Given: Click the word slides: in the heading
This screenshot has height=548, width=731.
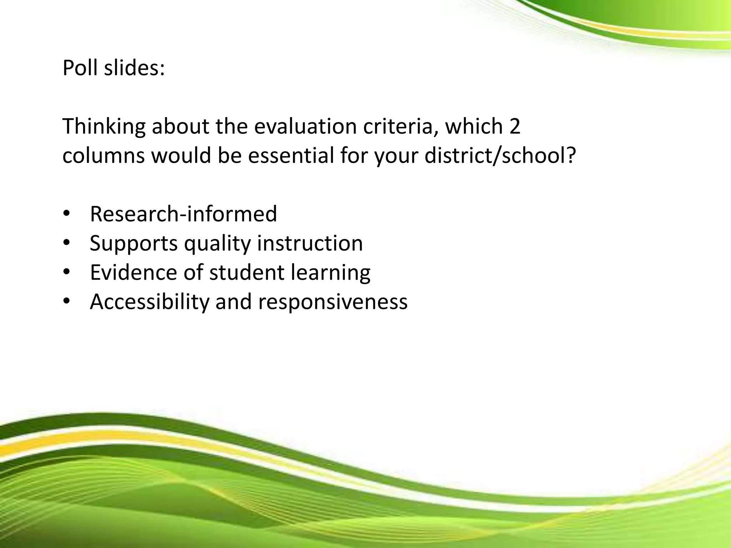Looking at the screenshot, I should pos(135,68).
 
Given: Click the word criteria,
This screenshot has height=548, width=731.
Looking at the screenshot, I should pos(400,127).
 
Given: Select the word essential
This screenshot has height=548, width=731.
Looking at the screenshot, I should pos(291,156).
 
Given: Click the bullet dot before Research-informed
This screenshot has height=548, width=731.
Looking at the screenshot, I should pos(67,214).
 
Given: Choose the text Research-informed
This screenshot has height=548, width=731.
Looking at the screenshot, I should pos(183,214).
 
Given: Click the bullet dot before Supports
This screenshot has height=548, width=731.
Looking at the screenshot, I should pos(67,243).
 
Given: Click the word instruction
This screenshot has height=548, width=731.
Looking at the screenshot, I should pos(310,243).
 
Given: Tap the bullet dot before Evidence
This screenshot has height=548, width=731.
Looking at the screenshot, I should pos(67,273).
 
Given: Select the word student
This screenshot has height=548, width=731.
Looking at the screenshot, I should pos(247,273).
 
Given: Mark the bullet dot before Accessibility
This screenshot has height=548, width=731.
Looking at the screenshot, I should pos(67,302).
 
